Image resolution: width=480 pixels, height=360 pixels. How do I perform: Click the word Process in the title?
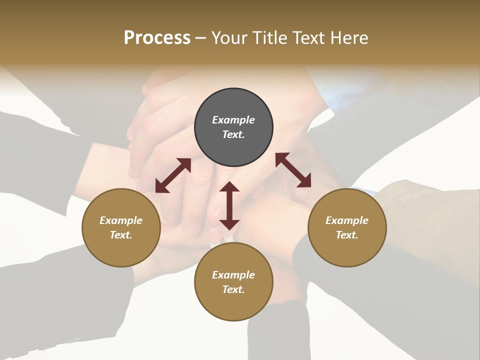(x=157, y=38)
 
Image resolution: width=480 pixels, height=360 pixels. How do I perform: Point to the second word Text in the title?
(x=309, y=38)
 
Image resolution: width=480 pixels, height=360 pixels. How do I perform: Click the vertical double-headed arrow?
(x=229, y=205)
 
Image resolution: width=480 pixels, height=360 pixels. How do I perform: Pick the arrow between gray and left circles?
(x=173, y=175)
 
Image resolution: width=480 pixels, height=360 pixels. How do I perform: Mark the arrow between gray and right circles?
(x=293, y=170)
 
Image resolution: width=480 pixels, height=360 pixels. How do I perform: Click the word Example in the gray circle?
(x=233, y=120)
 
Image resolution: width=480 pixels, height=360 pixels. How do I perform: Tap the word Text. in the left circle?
(x=121, y=235)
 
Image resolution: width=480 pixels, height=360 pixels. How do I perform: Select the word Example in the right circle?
(x=347, y=220)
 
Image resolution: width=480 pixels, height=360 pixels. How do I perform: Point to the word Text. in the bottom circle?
(x=233, y=289)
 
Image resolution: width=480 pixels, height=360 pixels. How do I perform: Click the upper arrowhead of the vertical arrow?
(x=229, y=187)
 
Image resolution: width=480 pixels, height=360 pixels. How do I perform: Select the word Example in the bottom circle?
(x=233, y=275)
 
